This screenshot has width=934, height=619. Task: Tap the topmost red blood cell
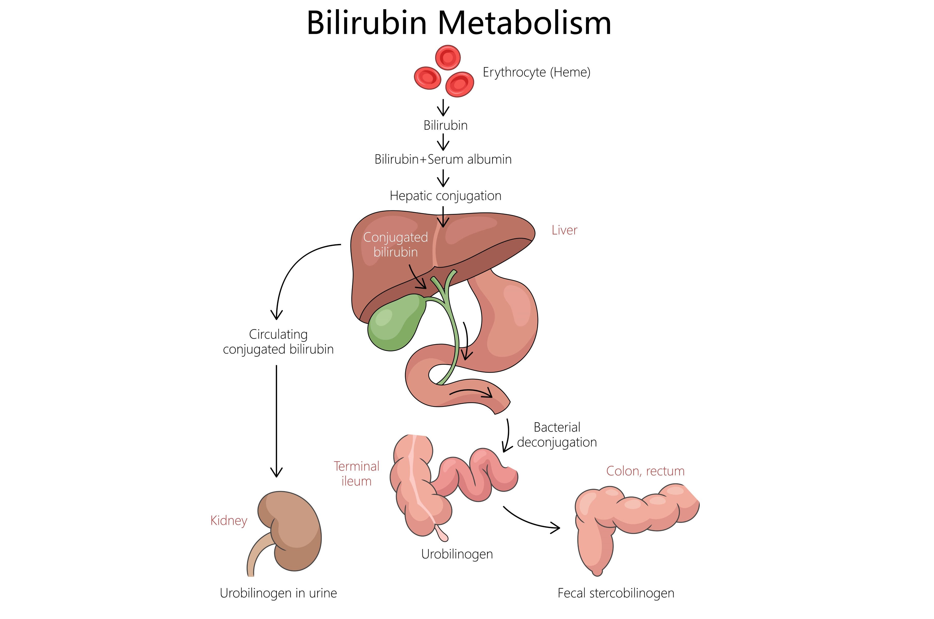pyautogui.click(x=447, y=58)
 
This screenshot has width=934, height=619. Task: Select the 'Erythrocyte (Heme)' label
pyautogui.click(x=536, y=72)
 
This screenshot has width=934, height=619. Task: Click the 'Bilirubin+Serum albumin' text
pyautogui.click(x=443, y=160)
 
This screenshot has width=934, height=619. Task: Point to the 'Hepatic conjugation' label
pyautogui.click(x=445, y=196)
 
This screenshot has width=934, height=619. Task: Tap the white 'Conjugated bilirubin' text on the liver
pyautogui.click(x=395, y=245)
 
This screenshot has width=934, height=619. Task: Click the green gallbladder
pyautogui.click(x=392, y=324)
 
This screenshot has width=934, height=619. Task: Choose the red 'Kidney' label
pyautogui.click(x=228, y=521)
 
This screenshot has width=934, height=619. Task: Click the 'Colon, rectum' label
pyautogui.click(x=645, y=471)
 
